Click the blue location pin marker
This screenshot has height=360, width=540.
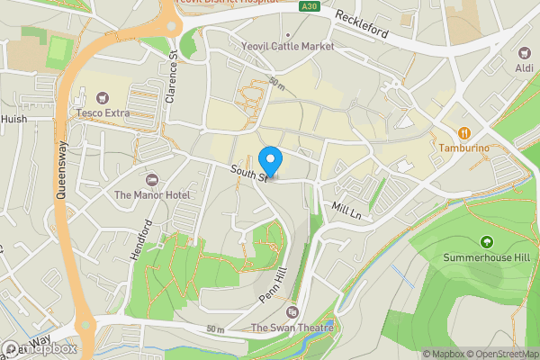pos(270,162)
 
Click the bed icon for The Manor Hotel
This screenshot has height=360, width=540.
pos(151,179)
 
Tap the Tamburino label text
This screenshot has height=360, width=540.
pos(463,147)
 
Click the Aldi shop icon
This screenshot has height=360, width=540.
pos(524,53)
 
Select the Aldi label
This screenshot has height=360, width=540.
pos(524,68)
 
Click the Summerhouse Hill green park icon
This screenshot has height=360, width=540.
pos(487,241)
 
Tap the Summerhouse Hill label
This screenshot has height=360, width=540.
pos(487,257)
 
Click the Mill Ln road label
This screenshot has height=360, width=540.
pos(346,212)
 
